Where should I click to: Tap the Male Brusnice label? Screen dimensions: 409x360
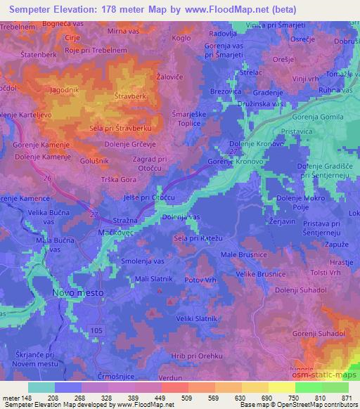tap(243, 254)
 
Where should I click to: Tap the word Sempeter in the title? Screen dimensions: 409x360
tap(29, 10)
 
